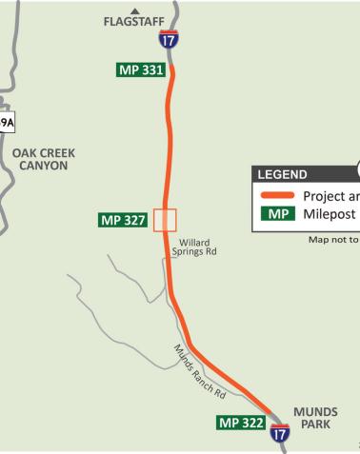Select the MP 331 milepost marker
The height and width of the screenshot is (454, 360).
tap(138, 71)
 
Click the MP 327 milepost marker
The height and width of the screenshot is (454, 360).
tap(124, 220)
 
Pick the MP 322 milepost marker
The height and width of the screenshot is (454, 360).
tap(241, 422)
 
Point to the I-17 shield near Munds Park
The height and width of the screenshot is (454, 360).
tap(279, 433)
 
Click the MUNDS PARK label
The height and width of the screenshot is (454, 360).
tap(315, 419)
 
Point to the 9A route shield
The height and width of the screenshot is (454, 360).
tap(7, 123)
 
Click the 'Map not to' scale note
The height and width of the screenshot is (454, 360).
tap(333, 240)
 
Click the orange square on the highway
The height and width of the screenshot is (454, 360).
tap(166, 219)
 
